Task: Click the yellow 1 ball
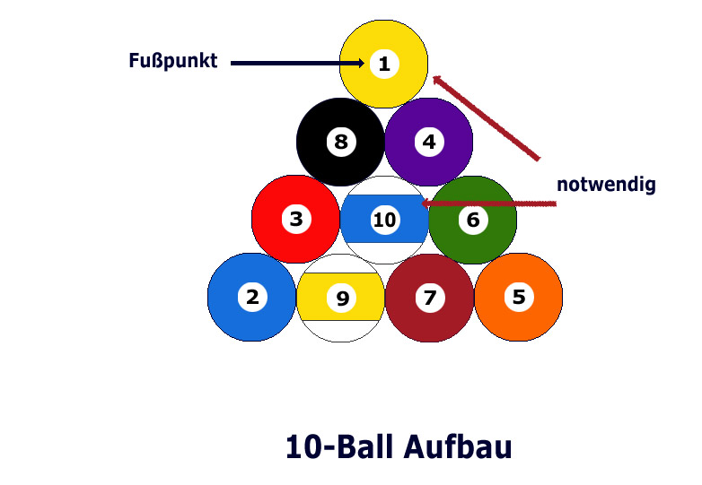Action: click(383, 64)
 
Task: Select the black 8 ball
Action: click(341, 142)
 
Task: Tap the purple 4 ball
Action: click(429, 142)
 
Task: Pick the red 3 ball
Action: click(296, 219)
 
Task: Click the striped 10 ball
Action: click(384, 220)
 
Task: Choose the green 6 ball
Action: click(473, 220)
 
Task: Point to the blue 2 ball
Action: click(252, 298)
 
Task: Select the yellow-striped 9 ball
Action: click(341, 298)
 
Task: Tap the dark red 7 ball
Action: click(429, 298)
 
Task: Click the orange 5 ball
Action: click(519, 297)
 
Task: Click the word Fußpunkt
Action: click(173, 61)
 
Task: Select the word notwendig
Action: click(606, 184)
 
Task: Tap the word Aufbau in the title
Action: click(458, 446)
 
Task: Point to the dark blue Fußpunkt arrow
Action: click(298, 64)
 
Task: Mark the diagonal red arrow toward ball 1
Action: click(487, 117)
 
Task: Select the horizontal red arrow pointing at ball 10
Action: click(489, 204)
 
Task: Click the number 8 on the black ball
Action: click(341, 142)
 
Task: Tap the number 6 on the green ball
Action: click(473, 220)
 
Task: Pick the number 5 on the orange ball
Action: click(519, 297)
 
